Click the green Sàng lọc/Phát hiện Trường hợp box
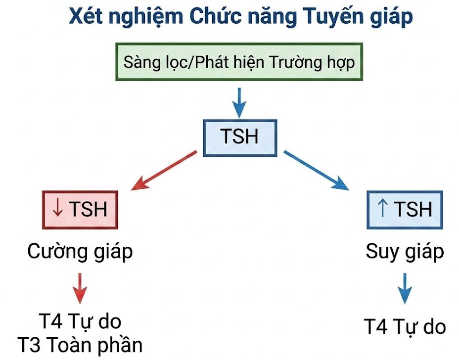tap(239, 62)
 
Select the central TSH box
tap(240, 138)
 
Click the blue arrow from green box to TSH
tap(239, 102)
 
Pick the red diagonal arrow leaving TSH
tap(164, 170)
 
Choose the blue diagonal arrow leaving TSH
tap(317, 170)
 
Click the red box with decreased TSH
tap(80, 210)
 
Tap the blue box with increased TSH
tap(405, 210)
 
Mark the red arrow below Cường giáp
tap(80, 288)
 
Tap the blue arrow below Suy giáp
tap(405, 288)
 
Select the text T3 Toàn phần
tap(80, 345)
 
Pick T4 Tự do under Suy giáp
tap(405, 327)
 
